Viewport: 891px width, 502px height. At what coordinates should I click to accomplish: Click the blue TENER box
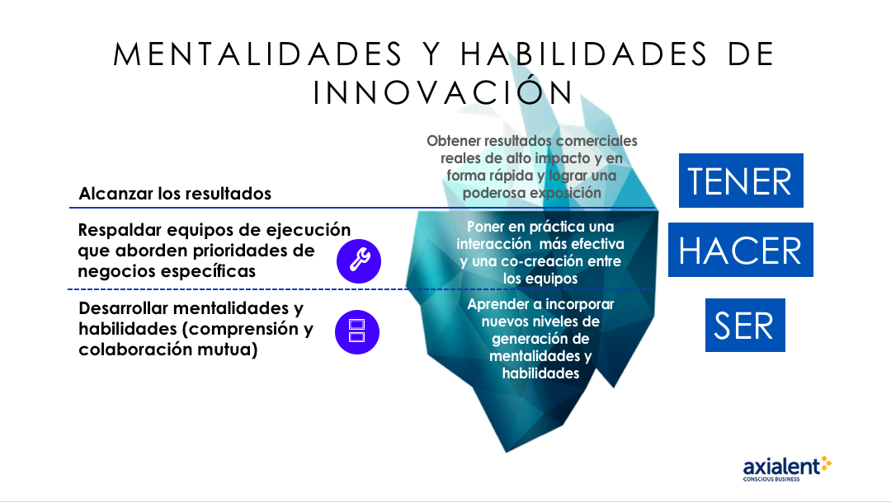click(x=741, y=181)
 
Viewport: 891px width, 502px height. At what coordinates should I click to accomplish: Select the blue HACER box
click(x=740, y=250)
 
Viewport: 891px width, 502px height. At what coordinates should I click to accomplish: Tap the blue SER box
click(x=745, y=325)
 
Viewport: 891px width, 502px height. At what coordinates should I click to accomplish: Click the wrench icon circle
click(x=359, y=261)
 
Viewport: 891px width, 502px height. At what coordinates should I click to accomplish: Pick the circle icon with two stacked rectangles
click(x=357, y=332)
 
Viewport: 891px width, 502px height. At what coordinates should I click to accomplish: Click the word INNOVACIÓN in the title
click(x=443, y=92)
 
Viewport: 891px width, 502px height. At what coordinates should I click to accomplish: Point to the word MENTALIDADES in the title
click(x=258, y=54)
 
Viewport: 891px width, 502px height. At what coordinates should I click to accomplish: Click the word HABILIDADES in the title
click(x=584, y=54)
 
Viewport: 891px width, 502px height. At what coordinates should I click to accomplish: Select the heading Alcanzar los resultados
click(x=175, y=194)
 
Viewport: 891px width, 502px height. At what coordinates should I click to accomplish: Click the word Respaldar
click(x=117, y=231)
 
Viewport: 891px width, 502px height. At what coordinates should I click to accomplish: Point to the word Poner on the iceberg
click(x=484, y=227)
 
